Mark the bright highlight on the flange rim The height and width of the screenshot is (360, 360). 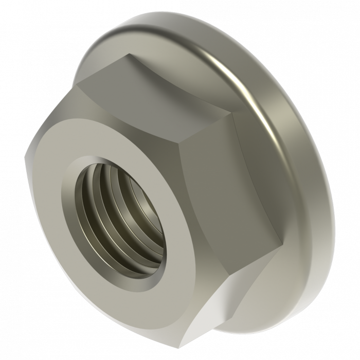tap(226, 57)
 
